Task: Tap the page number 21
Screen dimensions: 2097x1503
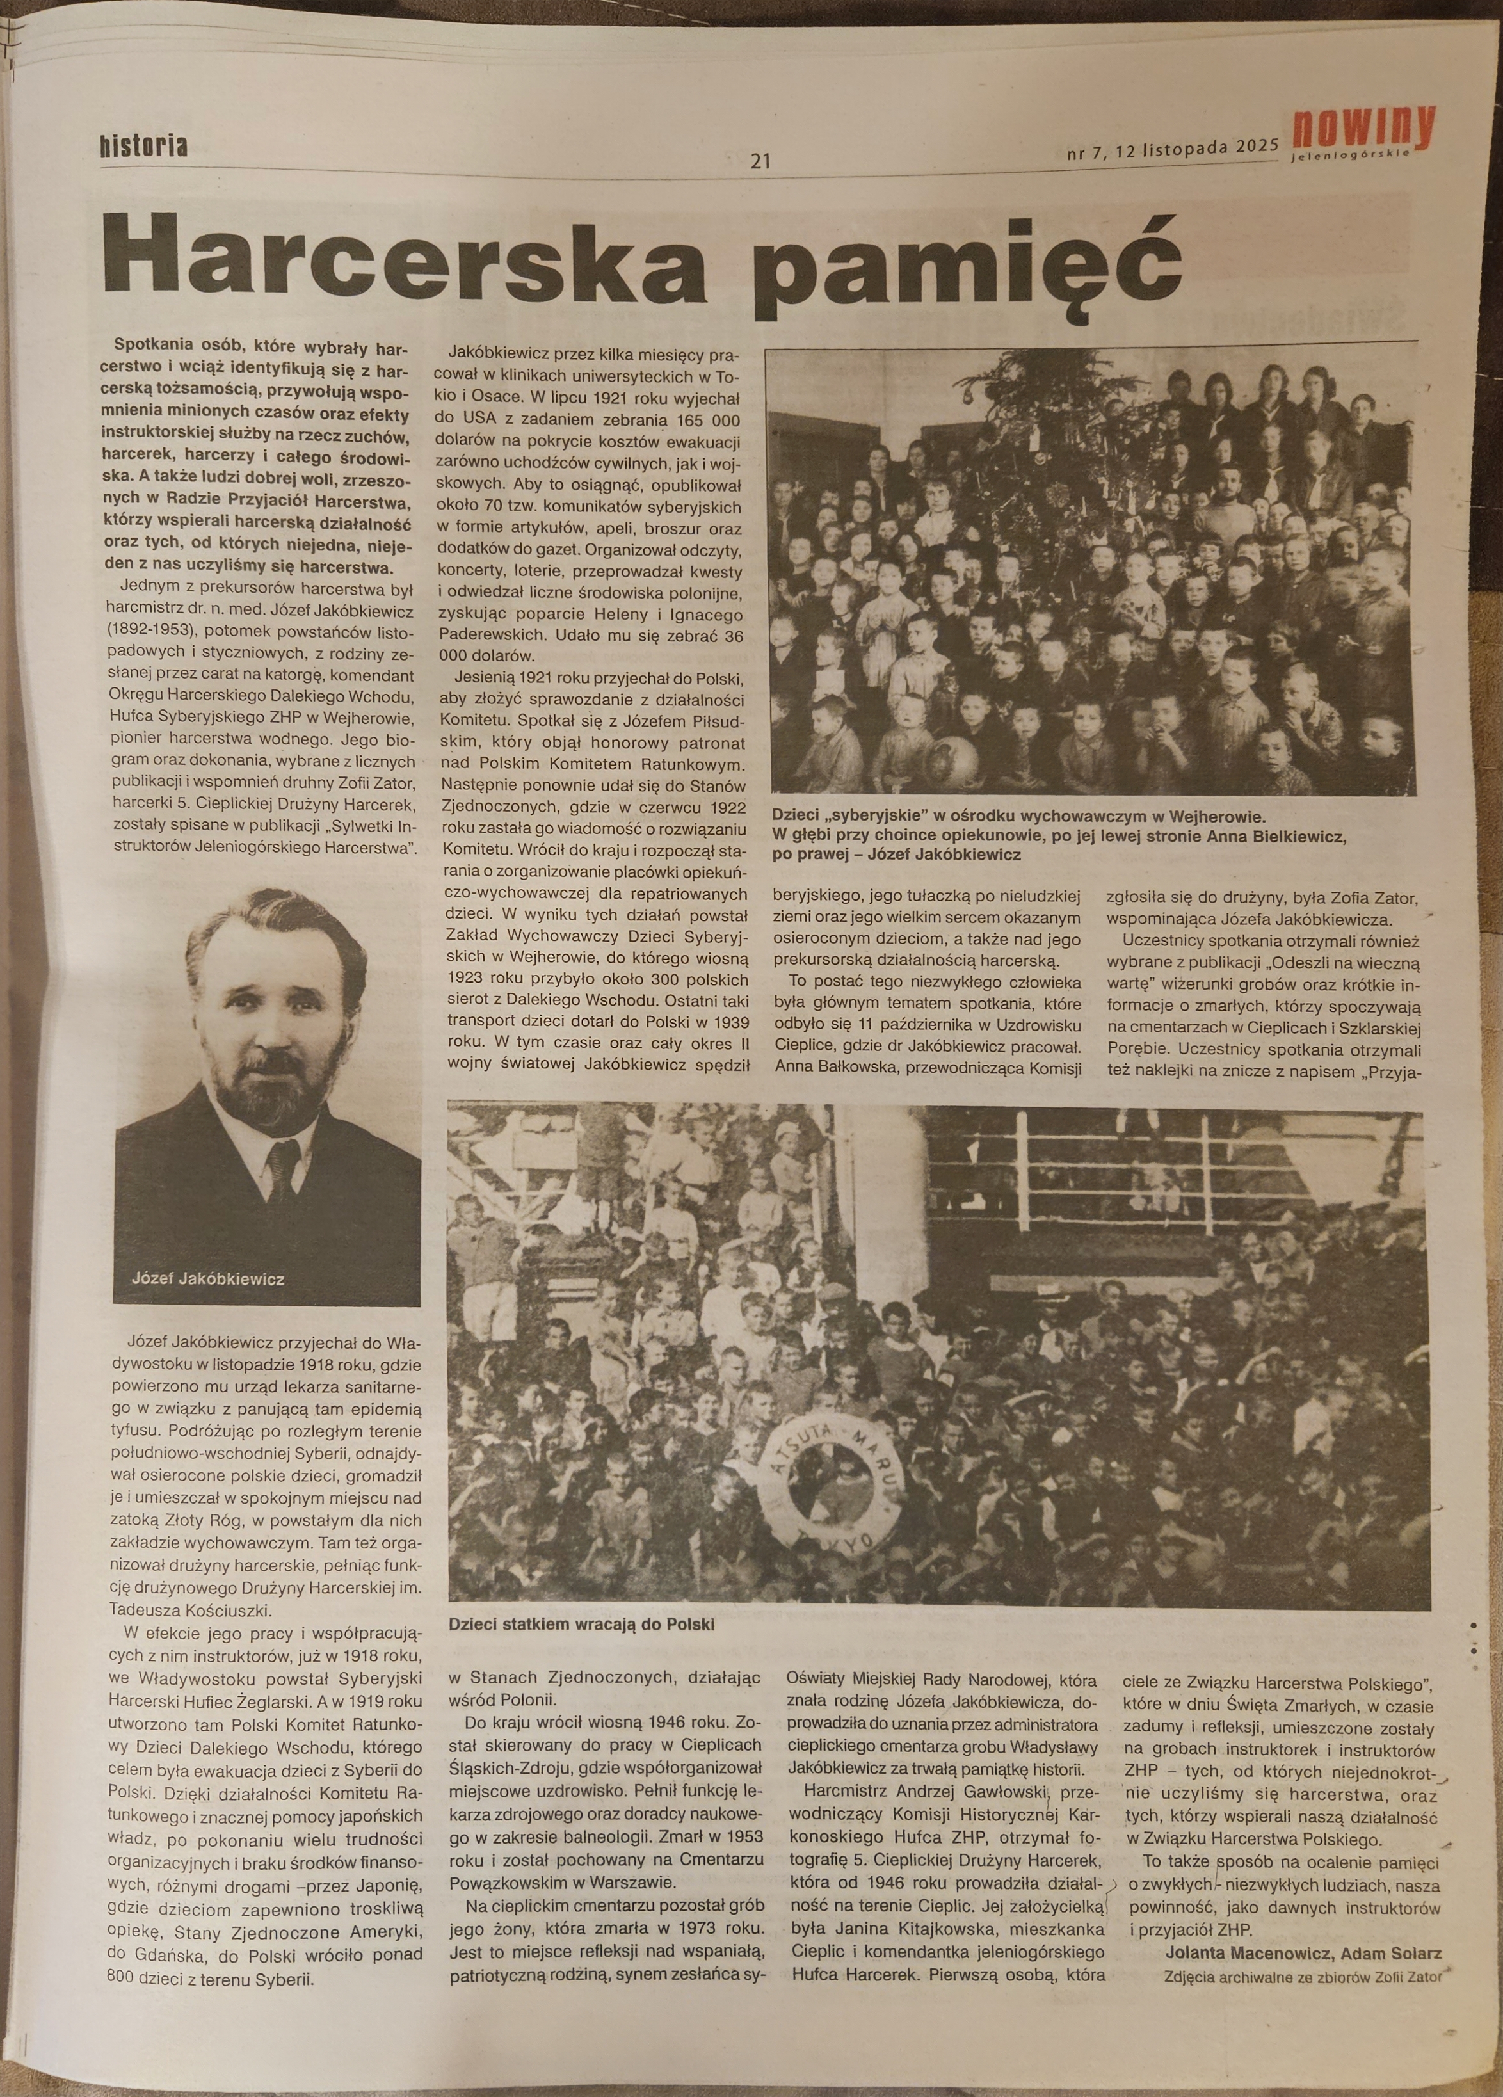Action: [x=760, y=162]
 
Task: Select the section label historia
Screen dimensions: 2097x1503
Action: [x=143, y=145]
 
